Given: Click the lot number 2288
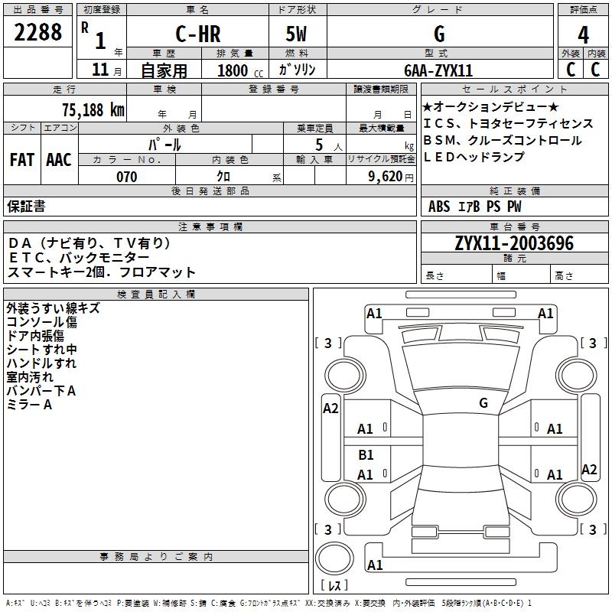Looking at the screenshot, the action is pos(38,34).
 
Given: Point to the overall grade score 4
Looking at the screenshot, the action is pos(584,35).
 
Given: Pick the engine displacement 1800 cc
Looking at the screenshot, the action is pos(233,70).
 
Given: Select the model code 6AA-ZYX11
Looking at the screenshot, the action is pos(438,70).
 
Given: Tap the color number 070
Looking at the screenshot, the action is pos(127,177).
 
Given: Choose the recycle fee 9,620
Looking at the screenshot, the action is pos(382,177).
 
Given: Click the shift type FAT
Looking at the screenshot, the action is pos(22,160).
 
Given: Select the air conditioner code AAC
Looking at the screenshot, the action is pos(59,160).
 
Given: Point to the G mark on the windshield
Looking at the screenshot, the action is pos(483,402).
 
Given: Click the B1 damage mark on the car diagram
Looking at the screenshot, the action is pos(366,455).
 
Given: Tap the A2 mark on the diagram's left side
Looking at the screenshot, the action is pos(330,409).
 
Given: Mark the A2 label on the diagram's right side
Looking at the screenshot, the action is pos(589,470).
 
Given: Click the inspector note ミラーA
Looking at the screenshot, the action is pos(29,405).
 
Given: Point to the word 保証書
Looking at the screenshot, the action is pos(26,206).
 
